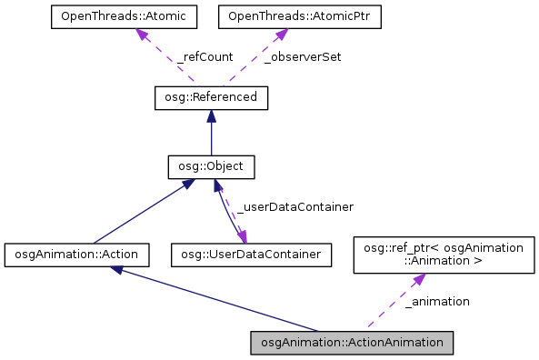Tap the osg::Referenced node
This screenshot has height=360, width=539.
pos(211,96)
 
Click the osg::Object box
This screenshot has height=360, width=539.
pos(211,166)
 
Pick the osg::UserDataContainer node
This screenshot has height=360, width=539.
pos(250,255)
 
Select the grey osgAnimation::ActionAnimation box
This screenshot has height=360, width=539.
pos(351,343)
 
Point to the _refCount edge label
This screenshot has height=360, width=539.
pos(205,56)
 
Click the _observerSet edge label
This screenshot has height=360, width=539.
pos(303,56)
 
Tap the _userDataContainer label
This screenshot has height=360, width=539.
pos(294,207)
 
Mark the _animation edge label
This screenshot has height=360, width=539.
pos(438,301)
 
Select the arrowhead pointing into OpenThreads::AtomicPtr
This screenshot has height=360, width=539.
pos(281,34)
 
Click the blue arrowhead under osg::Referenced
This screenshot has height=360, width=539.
pos(211,115)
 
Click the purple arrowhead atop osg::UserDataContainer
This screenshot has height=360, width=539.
pos(242,236)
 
